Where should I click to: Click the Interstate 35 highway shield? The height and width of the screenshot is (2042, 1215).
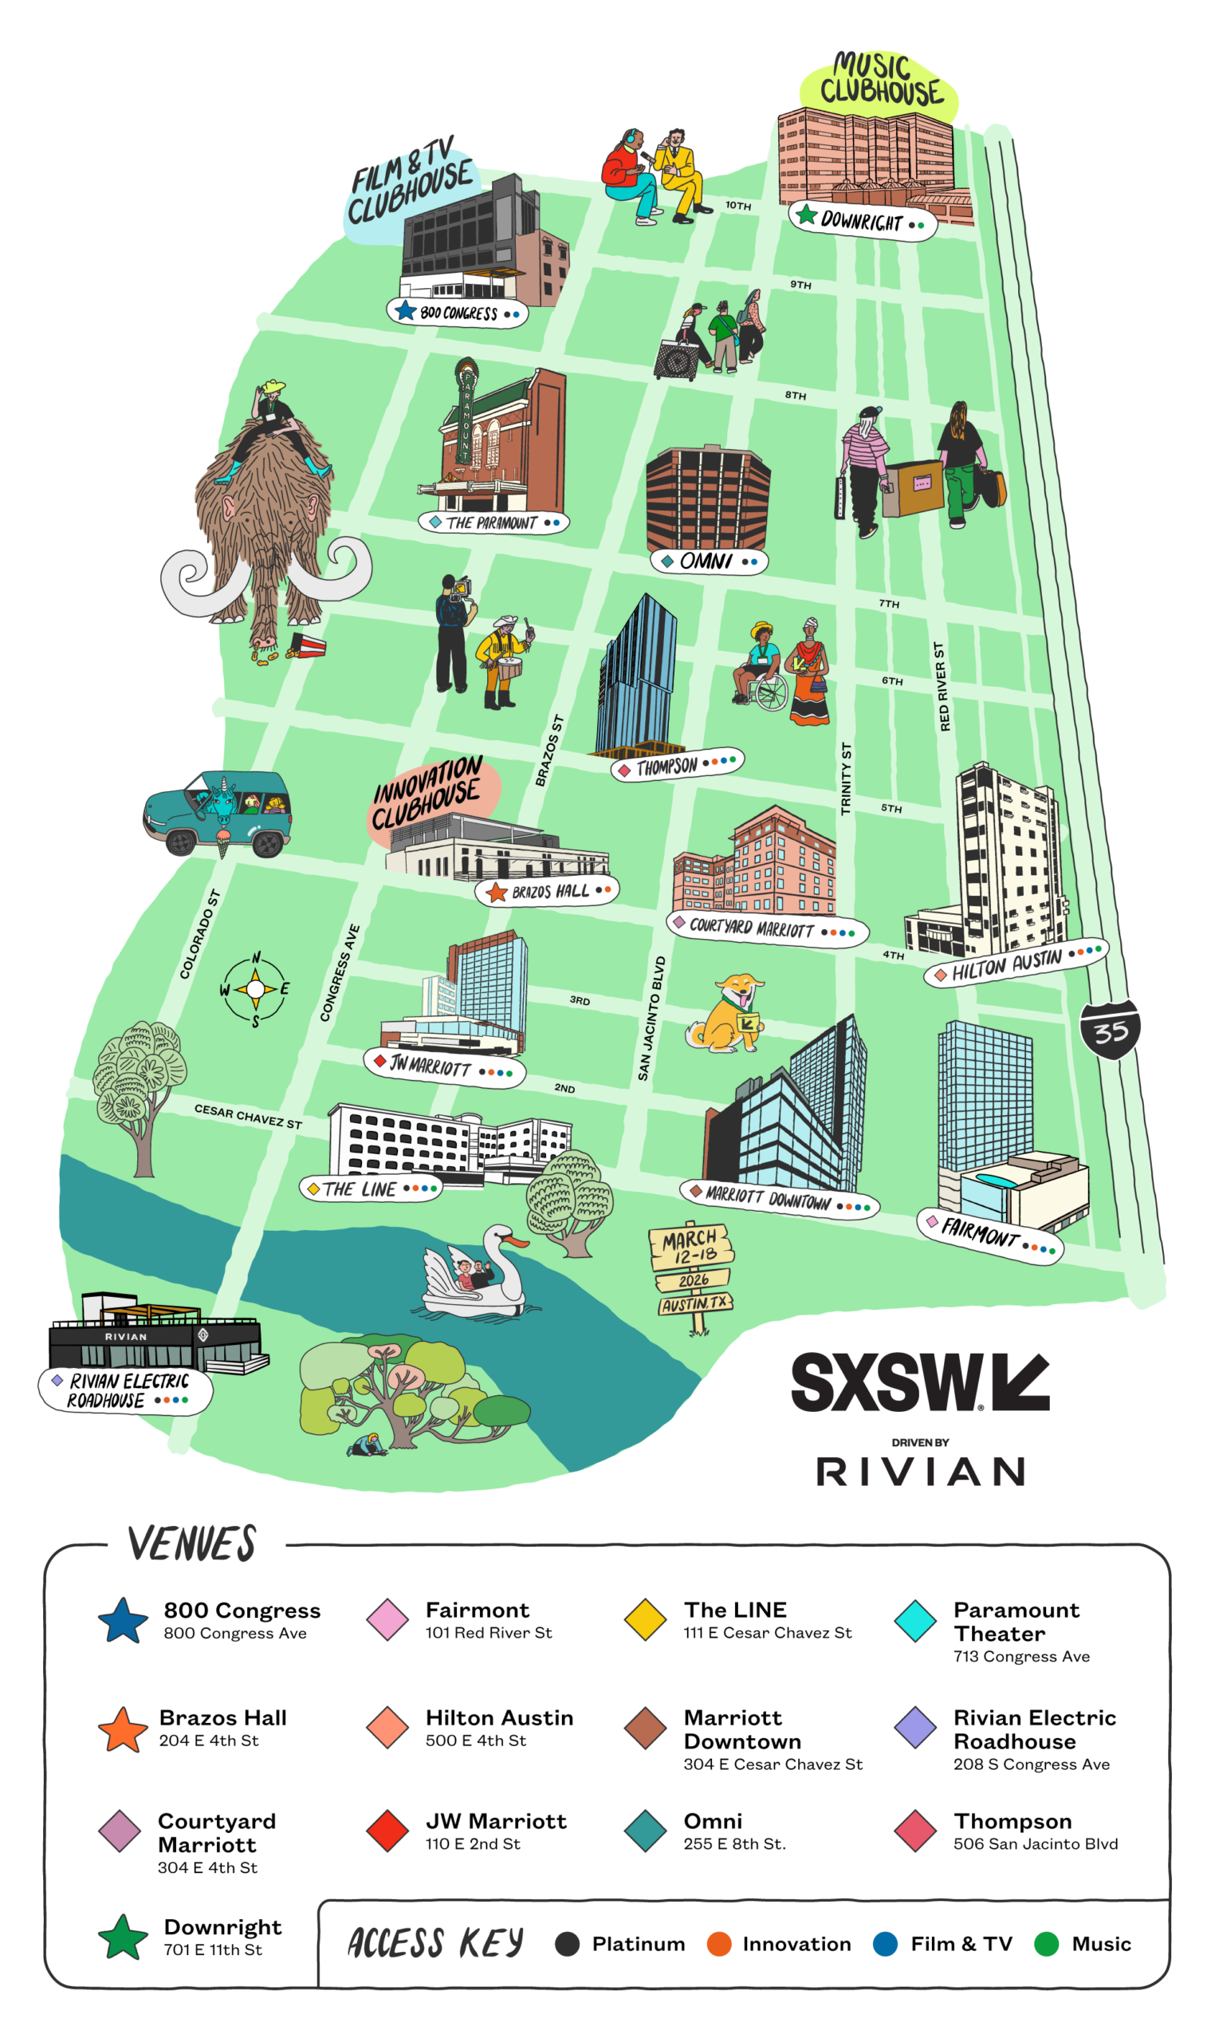click(x=1110, y=1030)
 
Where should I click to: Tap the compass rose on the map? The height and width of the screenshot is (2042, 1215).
click(x=255, y=989)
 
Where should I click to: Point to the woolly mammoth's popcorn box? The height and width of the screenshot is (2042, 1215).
click(x=309, y=648)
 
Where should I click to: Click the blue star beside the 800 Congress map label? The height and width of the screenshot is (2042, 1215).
click(x=404, y=310)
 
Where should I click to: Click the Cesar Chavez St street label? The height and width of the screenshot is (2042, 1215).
click(x=247, y=1117)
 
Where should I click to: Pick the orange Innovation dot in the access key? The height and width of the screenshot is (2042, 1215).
click(x=718, y=1944)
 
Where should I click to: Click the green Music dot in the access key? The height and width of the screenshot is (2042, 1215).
click(x=1045, y=1944)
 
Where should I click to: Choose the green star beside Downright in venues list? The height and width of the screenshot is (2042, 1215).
click(x=123, y=1938)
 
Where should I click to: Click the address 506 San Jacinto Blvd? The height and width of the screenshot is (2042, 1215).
click(x=1035, y=1843)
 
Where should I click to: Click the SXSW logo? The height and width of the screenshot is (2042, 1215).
click(x=919, y=1382)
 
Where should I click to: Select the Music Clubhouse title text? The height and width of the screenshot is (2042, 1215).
click(x=880, y=80)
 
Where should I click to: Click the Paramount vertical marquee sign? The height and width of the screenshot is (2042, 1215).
click(x=466, y=414)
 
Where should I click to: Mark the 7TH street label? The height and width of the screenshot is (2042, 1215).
click(x=888, y=604)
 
